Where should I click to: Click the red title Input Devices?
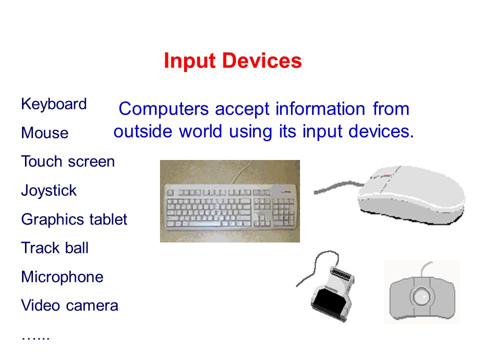[232, 61]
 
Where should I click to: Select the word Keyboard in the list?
[54, 104]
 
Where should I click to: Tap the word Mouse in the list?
[44, 133]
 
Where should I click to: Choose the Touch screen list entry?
[68, 161]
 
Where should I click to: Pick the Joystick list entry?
[48, 191]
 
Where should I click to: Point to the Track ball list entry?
[55, 247]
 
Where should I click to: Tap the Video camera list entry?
[69, 305]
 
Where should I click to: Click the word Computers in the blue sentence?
[164, 109]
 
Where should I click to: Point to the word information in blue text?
[320, 108]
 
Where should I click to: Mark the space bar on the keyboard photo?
[205, 224]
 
